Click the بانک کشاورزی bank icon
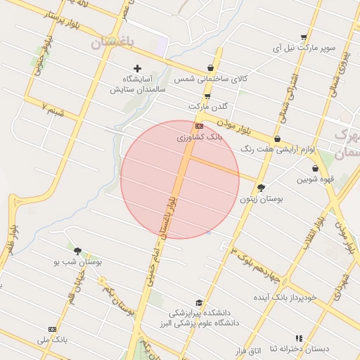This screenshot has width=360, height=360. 199,126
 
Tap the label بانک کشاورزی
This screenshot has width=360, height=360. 199,138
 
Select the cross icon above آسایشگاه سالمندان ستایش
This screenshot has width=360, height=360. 137,68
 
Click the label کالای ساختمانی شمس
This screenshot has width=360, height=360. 212,79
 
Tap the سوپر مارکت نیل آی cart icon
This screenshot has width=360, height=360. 303,37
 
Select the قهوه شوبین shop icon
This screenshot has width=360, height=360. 313,168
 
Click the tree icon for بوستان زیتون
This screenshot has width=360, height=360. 262,188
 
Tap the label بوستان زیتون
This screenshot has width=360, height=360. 262,200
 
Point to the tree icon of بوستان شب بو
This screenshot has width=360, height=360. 77,250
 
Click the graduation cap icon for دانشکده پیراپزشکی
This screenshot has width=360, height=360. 199,302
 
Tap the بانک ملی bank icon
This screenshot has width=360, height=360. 51,329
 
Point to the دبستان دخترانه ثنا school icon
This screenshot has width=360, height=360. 299,337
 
